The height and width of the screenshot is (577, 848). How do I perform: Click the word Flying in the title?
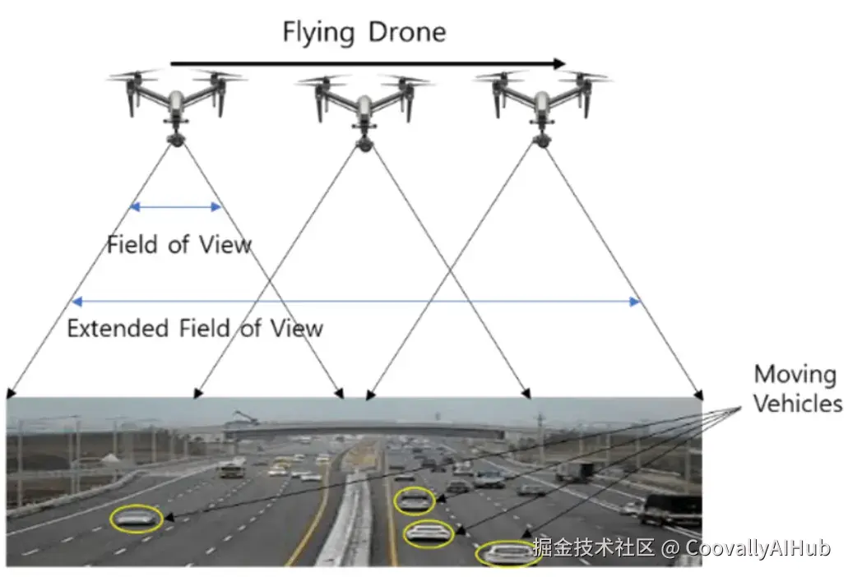coord(318,32)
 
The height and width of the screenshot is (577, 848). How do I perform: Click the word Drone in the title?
coord(407,32)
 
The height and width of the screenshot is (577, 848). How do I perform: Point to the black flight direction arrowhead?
coord(559,64)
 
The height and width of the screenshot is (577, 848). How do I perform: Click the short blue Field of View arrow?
coord(176,206)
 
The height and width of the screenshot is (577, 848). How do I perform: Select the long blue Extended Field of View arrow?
coord(356,301)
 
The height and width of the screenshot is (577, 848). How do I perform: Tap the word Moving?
coord(795,375)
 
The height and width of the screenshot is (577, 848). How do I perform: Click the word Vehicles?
coord(798,403)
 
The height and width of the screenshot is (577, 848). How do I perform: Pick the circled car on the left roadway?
coord(137,519)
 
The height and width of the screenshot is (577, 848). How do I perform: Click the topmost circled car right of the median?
coord(415,501)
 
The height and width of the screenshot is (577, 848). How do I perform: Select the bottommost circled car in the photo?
coord(508,553)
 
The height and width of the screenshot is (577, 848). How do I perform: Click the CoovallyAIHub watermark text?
coord(758,548)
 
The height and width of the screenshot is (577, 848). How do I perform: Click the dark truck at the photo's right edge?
coord(670,509)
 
